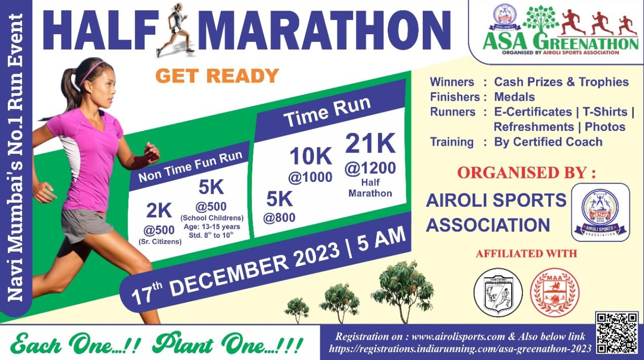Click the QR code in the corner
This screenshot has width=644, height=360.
click(617, 332)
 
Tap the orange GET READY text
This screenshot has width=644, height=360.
click(217, 76)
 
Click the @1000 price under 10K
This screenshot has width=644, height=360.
click(310, 177)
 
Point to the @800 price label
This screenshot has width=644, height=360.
click(279, 217)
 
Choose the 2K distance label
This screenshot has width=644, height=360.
click(159, 211)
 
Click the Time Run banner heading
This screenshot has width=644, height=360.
click(328, 111)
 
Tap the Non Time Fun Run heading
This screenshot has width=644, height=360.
click(190, 167)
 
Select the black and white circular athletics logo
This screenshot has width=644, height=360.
click(498, 293)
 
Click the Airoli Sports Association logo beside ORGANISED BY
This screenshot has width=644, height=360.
click(600, 212)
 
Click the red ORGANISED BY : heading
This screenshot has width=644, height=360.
click(526, 172)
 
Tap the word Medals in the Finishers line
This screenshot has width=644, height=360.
click(514, 97)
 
